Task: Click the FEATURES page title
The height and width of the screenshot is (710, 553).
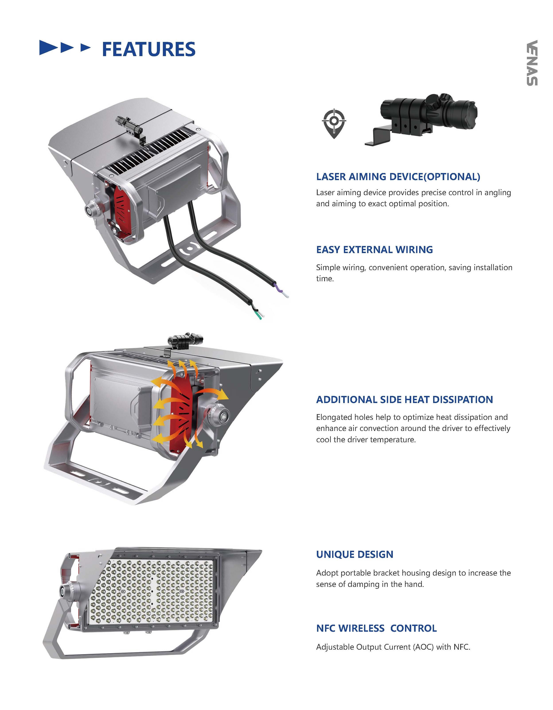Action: pyautogui.click(x=148, y=49)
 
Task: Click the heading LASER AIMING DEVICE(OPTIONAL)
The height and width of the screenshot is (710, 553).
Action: pyautogui.click(x=398, y=177)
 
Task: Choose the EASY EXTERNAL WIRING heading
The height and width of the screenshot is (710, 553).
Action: pyautogui.click(x=374, y=250)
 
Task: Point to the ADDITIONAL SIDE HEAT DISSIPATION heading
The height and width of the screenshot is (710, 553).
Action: pyautogui.click(x=404, y=399)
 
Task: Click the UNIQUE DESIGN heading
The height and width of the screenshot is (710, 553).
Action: pyautogui.click(x=354, y=554)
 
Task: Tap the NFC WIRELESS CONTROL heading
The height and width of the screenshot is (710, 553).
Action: pyautogui.click(x=376, y=628)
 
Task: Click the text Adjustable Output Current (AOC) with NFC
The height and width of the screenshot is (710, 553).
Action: pyautogui.click(x=393, y=647)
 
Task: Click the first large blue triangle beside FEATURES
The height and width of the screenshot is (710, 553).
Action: pyautogui.click(x=50, y=47)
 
